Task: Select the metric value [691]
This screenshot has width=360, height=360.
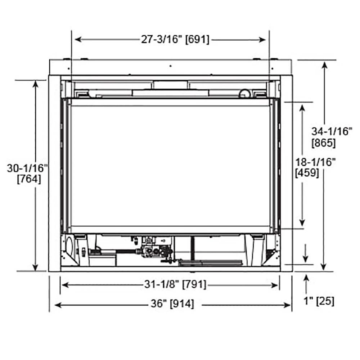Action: tap(197, 39)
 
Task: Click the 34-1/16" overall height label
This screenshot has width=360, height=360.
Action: tap(332, 131)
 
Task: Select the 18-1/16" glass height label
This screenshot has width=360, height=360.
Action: tap(315, 162)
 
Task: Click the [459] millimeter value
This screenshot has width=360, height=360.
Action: tap(307, 172)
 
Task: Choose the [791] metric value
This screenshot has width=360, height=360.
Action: tap(194, 285)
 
